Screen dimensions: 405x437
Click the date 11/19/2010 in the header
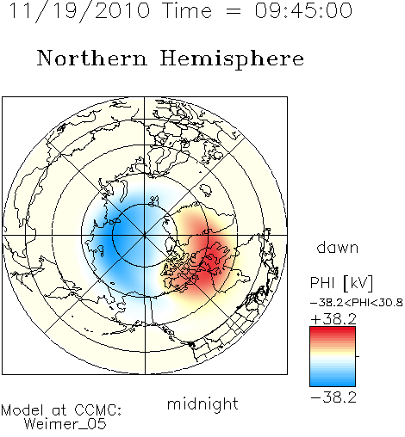[79, 11]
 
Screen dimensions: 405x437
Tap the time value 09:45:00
[303, 10]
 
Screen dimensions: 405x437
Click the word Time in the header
[187, 10]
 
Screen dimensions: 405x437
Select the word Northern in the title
[92, 58]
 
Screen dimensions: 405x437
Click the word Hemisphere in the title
[232, 59]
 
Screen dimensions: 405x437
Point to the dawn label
[338, 247]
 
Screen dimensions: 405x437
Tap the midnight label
[202, 403]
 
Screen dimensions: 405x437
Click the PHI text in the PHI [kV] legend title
[323, 283]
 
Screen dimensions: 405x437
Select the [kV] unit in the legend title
[358, 283]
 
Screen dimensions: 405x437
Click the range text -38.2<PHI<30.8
[357, 303]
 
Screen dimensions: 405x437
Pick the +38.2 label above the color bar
[333, 319]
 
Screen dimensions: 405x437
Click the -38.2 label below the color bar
[333, 397]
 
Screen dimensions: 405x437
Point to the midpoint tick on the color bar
[358, 356]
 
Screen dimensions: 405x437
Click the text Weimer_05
[65, 424]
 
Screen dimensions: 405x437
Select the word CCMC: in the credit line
[98, 410]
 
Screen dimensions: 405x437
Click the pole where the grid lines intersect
[144, 235]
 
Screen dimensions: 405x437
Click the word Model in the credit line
[22, 410]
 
